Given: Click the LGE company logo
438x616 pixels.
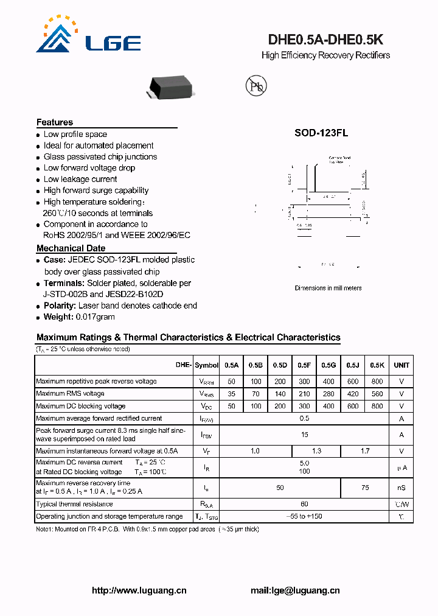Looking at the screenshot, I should coord(88,35).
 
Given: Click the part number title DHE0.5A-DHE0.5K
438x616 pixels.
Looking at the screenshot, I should coord(325,40).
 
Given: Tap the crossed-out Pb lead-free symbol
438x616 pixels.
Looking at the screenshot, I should coord(255,86).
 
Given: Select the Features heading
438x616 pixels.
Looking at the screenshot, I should coord(55,122).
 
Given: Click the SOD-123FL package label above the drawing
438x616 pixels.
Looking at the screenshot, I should coord(321,133).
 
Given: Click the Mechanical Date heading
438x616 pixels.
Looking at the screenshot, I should coord(71,248).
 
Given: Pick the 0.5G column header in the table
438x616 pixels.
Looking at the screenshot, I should coord(328,365).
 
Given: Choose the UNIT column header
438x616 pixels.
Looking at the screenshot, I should coord(401,365).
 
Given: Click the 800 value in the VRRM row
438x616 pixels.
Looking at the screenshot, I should coord(377,382).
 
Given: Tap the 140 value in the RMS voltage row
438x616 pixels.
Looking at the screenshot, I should coord(280,394).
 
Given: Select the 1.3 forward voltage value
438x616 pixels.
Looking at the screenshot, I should coord(316,451).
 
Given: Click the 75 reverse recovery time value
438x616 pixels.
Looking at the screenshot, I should coord(365,488).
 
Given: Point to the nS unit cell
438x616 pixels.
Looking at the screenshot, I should coord(401,488).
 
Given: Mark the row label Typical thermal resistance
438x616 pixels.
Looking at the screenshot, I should coord(74,504).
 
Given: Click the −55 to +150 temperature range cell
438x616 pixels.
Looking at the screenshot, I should coord(304,516).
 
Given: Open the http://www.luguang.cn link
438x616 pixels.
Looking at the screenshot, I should coord(139,590).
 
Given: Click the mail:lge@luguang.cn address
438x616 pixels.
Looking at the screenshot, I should coord(295,590).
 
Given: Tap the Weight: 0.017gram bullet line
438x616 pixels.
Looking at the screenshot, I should coord(79,317).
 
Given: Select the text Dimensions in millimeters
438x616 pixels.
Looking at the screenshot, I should coord(328,288).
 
